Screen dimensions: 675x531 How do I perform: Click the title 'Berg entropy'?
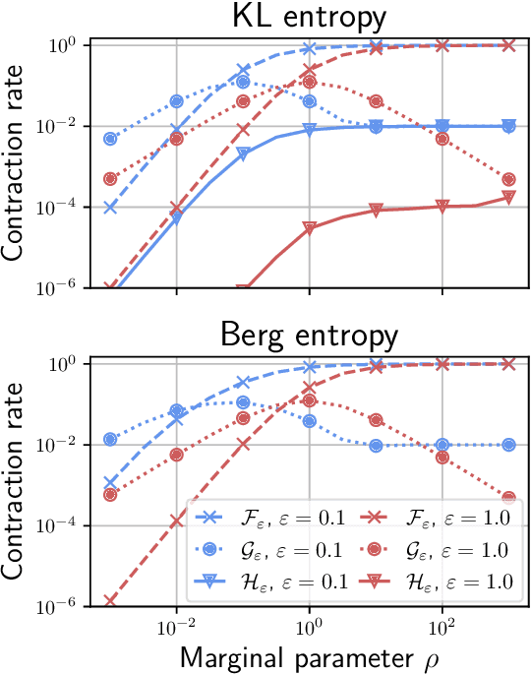click(x=310, y=335)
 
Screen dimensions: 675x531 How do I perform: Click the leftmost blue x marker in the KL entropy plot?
click(x=110, y=207)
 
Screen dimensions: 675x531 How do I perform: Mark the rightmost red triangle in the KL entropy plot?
click(x=508, y=198)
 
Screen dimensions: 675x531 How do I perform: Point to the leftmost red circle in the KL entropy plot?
click(x=110, y=178)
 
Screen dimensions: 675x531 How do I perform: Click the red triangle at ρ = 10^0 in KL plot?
click(x=310, y=228)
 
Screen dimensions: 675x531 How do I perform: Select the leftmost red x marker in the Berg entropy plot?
click(x=110, y=600)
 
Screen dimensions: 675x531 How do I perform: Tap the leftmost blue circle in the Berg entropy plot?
click(x=110, y=439)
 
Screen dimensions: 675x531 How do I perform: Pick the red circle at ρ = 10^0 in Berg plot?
click(x=310, y=400)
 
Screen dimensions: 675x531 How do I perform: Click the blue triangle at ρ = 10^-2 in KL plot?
click(x=177, y=218)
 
